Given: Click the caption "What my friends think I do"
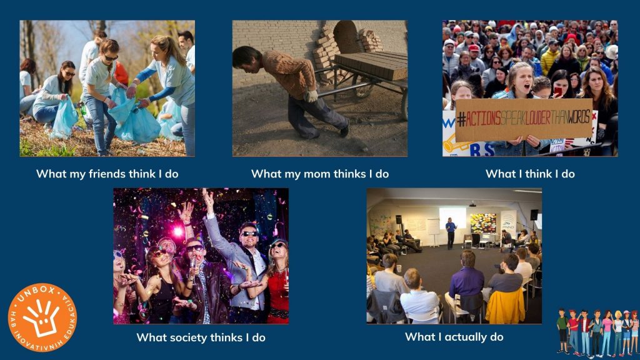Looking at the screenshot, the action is (107, 174).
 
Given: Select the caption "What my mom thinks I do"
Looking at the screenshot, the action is (320, 174).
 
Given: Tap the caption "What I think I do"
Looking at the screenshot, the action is (530, 174).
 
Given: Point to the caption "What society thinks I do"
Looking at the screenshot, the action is (201, 337).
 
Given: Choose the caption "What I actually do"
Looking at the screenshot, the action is (454, 337).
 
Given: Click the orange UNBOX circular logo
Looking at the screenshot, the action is (42, 317).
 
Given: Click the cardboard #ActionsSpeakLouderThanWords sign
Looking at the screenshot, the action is (524, 119).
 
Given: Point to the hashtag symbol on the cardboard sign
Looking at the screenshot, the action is (461, 119).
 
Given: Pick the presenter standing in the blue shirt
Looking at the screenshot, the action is (451, 233).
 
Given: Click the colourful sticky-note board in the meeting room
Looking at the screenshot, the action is (483, 223).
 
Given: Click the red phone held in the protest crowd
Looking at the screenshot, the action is (558, 91).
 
